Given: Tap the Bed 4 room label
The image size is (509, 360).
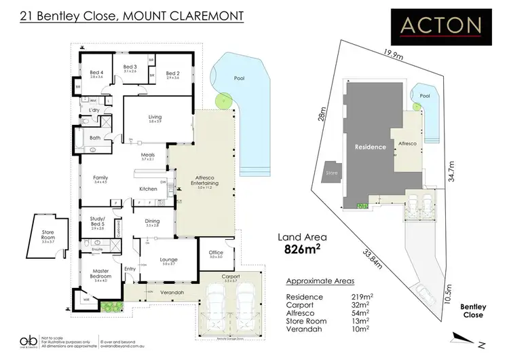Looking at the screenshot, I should (96, 74).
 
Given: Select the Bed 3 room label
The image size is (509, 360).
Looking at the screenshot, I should (130, 67).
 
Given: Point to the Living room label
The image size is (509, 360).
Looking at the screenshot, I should (155, 118).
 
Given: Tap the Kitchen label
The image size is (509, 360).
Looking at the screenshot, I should (148, 188).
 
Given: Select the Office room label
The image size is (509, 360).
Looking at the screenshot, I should (216, 253).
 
